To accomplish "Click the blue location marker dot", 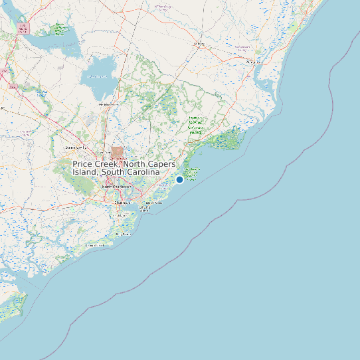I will pos(179,179).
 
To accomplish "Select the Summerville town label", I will pos(75,146).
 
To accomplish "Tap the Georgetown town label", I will pos(254,62).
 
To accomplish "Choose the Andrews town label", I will pos(198,44).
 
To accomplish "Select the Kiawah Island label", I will pos(94,246).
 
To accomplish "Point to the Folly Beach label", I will pos(122,234).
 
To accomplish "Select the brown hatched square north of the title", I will pos(118,151).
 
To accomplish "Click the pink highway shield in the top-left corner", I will pos(24,29).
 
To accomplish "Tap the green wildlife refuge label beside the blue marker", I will pos(193,174).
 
